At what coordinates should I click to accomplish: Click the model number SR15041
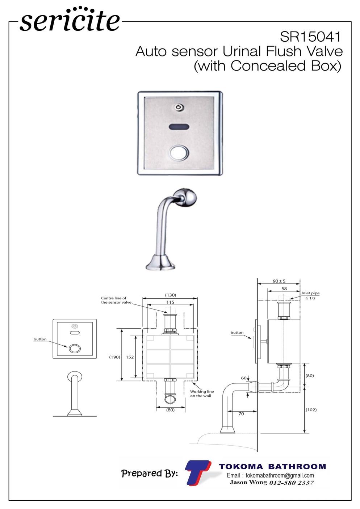pos(310,37)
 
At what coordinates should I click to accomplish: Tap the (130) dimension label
pos(171,295)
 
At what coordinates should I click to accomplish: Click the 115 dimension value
pos(170,302)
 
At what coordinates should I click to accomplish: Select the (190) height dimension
pos(114,357)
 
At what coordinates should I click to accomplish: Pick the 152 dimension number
pos(130,357)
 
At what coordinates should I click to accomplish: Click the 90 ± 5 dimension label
pos(279,281)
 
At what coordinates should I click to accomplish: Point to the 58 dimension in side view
pos(284,289)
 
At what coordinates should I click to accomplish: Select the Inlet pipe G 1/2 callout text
pos(310,295)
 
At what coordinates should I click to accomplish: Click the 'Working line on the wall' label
pos(202,394)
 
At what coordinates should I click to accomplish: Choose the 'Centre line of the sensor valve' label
pos(116,300)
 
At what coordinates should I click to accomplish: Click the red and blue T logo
pos(197,473)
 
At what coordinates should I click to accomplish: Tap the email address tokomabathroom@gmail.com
pos(280,475)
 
